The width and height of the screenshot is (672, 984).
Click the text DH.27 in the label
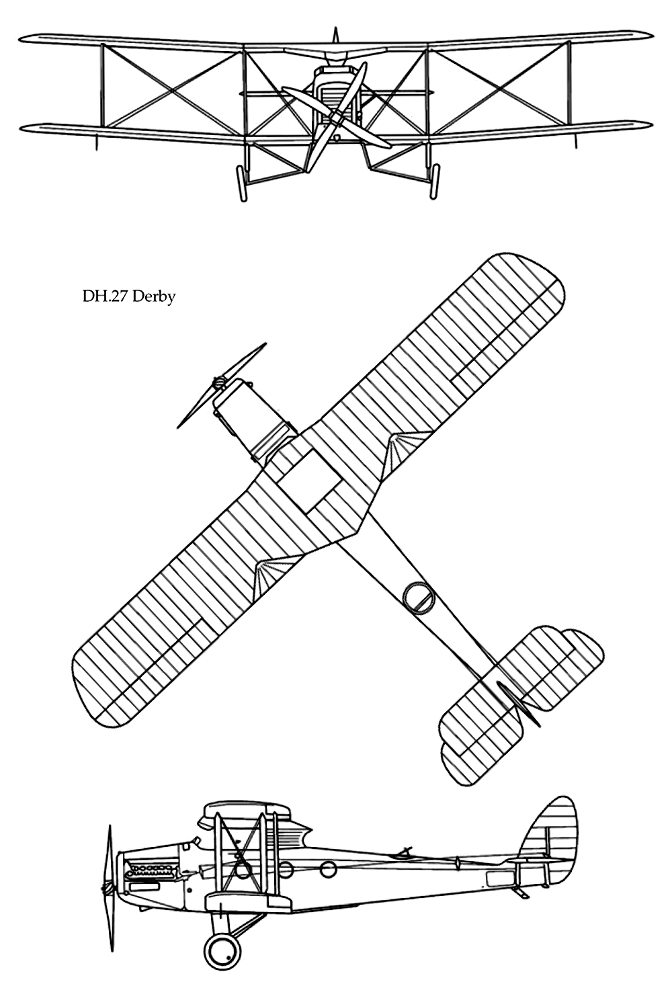(x=106, y=297)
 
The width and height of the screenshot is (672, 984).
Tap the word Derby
(x=154, y=297)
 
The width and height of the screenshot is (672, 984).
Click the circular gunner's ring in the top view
(x=418, y=597)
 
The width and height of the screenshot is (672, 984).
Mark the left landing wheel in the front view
(x=241, y=183)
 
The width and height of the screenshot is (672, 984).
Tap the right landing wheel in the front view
(x=435, y=182)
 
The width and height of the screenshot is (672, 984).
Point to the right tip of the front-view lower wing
(x=651, y=125)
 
